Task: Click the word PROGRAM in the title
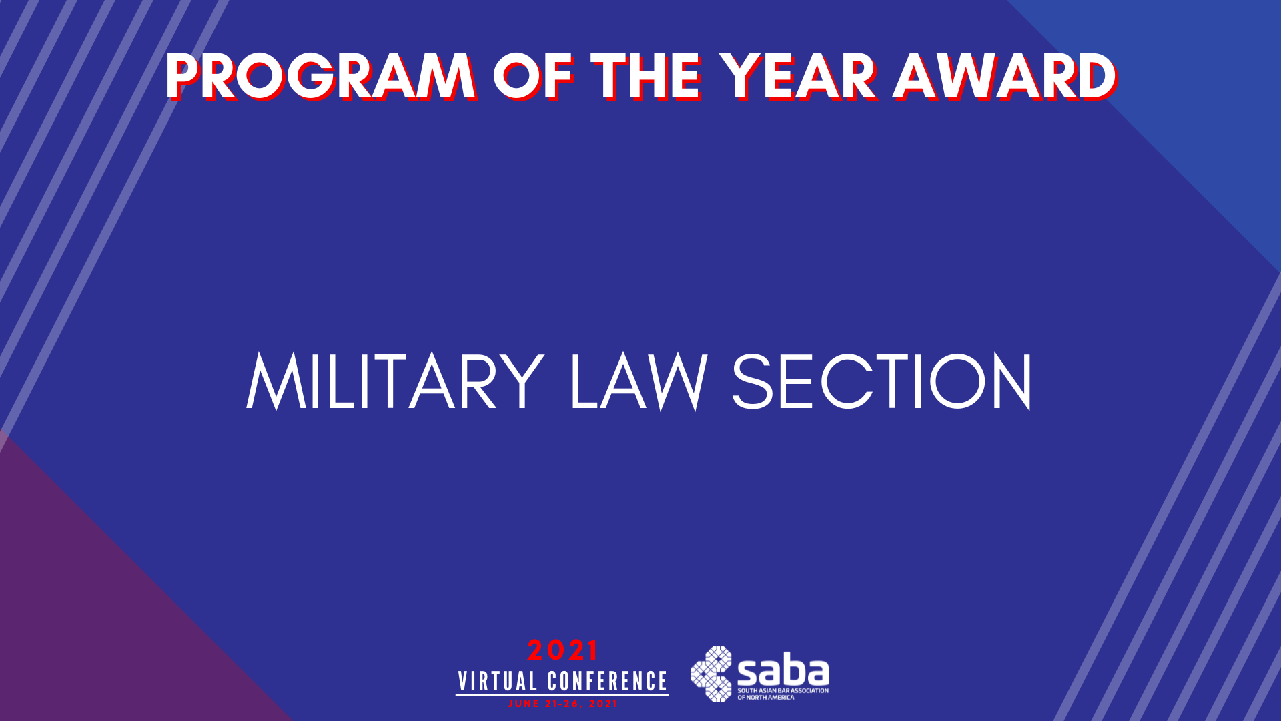coord(321,77)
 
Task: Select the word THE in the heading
coord(645,77)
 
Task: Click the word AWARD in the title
coord(1005,77)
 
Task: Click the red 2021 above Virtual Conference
coord(562,650)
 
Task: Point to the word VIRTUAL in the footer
coord(498,682)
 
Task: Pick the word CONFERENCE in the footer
coord(607,682)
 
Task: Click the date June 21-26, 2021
coord(562,704)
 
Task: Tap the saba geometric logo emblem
coord(711,674)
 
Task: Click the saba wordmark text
coord(783,672)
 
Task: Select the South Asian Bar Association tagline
coord(783,694)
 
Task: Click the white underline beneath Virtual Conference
coord(562,696)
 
